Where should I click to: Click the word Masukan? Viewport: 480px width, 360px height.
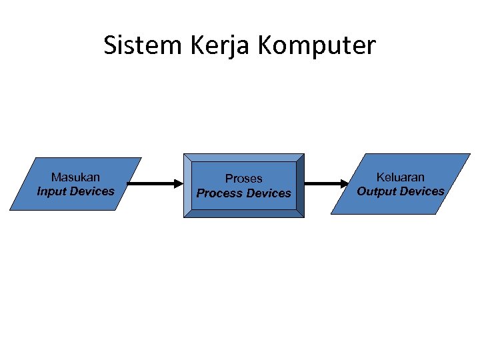pos(75,177)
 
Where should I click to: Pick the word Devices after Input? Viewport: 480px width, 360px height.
pos(92,191)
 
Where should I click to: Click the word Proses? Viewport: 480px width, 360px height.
pos(243,179)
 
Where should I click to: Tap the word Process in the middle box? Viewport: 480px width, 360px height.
pos(219,193)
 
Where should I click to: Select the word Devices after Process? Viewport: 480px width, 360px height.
pos(269,193)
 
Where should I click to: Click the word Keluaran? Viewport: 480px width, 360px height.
pos(400,177)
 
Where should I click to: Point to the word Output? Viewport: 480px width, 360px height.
pos(377,191)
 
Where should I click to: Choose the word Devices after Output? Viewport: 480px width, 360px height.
pos(423,191)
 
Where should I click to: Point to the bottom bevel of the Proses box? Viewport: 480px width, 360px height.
pos(243,213)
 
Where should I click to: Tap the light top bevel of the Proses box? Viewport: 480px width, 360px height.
pos(243,157)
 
